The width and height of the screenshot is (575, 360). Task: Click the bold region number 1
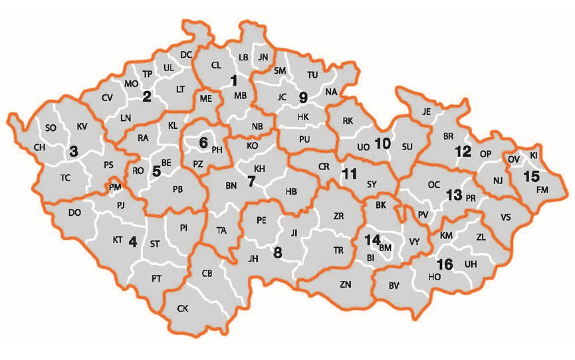coord(233,81)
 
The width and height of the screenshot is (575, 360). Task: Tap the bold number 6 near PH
coord(203,141)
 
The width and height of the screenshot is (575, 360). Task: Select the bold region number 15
coord(532,177)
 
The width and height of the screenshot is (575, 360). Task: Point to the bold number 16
coord(445,264)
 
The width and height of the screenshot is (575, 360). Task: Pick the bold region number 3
coord(73,151)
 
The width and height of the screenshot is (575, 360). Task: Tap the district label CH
coord(39,147)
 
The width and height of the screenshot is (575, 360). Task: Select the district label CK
coord(183,308)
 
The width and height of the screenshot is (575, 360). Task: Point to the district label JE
coord(427,112)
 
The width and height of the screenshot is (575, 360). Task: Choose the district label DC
coord(186,54)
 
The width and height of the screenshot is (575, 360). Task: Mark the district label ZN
coord(346,284)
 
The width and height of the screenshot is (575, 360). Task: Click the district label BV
coord(394,286)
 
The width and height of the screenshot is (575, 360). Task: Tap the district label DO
coord(74,213)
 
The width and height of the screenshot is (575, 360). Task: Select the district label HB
coord(291,191)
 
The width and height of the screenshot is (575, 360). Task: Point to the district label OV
coord(514,160)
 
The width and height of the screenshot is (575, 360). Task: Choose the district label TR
coord(338,250)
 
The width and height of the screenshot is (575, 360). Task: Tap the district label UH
coord(471,264)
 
